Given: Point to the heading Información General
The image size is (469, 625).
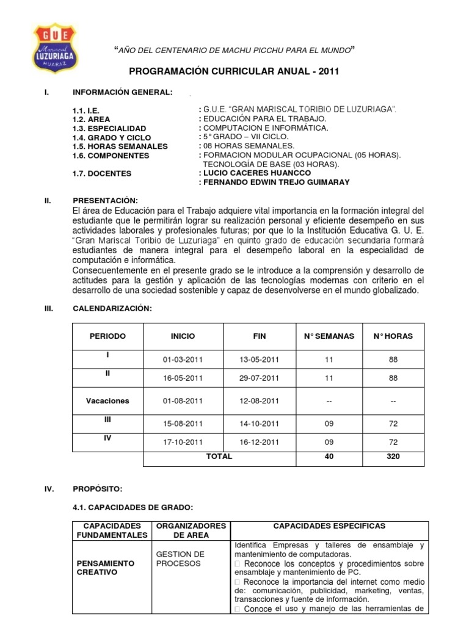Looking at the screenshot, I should (x=122, y=92).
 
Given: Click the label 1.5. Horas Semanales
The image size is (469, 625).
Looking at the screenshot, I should (x=120, y=146).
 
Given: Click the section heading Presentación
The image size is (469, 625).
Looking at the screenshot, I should (x=105, y=201).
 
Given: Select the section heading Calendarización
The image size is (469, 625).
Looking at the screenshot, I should (x=111, y=309).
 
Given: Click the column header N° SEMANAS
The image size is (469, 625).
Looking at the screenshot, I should (x=329, y=336).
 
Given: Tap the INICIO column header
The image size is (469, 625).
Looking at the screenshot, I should (x=183, y=336).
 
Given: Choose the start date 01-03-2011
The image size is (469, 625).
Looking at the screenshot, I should (x=183, y=359).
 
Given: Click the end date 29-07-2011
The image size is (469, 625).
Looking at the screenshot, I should (x=259, y=378).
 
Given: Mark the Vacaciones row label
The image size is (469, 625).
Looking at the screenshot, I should (x=107, y=401).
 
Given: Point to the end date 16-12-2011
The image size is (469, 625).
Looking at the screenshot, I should (x=259, y=442).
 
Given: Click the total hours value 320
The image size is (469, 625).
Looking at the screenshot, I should (x=393, y=457).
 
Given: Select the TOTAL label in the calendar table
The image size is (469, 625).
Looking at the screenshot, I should (x=219, y=457).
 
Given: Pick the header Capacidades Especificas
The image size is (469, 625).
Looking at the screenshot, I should (x=329, y=526).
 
